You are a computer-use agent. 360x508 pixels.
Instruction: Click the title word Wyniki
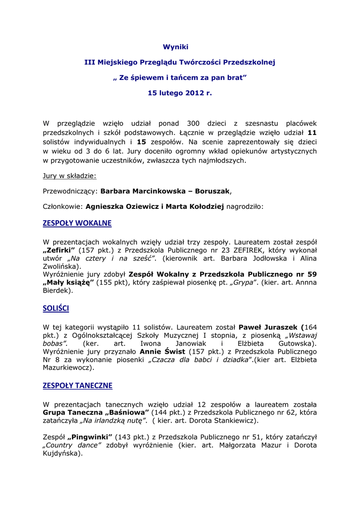[176, 47]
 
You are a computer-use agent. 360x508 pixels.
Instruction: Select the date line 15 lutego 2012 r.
[180, 93]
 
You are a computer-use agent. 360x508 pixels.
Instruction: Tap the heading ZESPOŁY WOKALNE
[77, 223]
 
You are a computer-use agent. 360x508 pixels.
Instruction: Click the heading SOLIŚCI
[56, 309]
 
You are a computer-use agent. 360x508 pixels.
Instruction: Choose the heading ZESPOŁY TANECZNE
[77, 385]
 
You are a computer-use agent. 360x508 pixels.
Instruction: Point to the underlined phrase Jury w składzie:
[70, 176]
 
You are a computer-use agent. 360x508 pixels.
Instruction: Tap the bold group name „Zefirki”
[59, 250]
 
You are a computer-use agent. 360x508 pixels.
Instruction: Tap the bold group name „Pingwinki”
[90, 437]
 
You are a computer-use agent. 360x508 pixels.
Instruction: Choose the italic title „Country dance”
[72, 445]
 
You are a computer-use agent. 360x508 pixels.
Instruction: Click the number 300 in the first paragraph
[193, 124]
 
